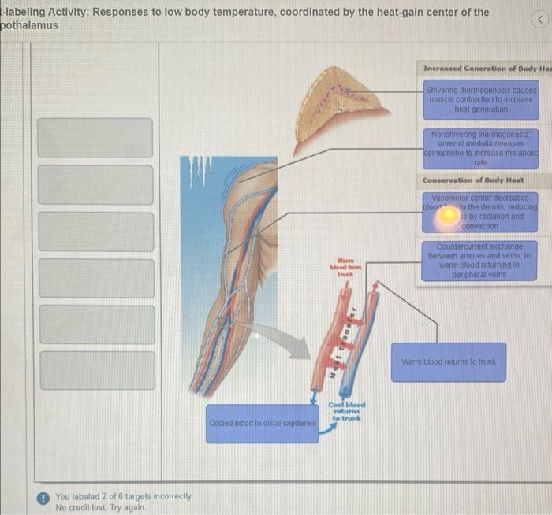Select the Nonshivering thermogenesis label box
tap(481, 147)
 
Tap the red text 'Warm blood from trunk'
tap(345, 268)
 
